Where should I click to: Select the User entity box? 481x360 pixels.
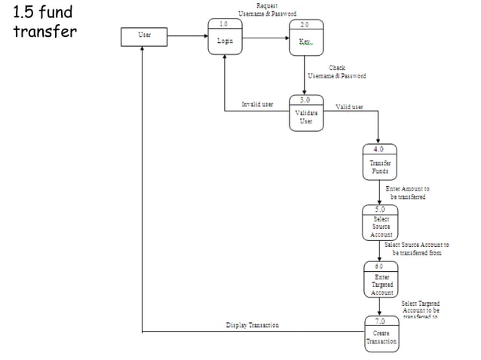pyautogui.click(x=144, y=35)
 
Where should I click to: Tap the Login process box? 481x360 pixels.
pyautogui.click(x=225, y=37)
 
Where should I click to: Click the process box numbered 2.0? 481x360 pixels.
pyautogui.click(x=305, y=37)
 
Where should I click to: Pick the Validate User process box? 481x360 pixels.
pyautogui.click(x=306, y=113)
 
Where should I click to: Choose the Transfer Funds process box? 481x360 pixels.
pyautogui.click(x=380, y=162)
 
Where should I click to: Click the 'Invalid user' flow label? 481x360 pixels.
pyautogui.click(x=257, y=104)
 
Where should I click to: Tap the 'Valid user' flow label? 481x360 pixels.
pyautogui.click(x=349, y=107)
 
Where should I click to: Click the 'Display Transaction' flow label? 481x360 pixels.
pyautogui.click(x=253, y=325)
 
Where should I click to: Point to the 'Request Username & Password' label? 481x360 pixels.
pyautogui.click(x=267, y=10)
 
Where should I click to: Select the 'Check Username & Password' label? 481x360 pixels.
pyautogui.click(x=337, y=72)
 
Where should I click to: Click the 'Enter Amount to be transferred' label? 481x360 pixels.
pyautogui.click(x=407, y=193)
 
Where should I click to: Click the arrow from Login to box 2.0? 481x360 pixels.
pyautogui.click(x=266, y=35)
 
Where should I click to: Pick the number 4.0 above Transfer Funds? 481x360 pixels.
pyautogui.click(x=380, y=148)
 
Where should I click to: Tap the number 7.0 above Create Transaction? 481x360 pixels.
pyautogui.click(x=381, y=322)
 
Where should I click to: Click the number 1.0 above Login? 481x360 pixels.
pyautogui.click(x=224, y=24)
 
